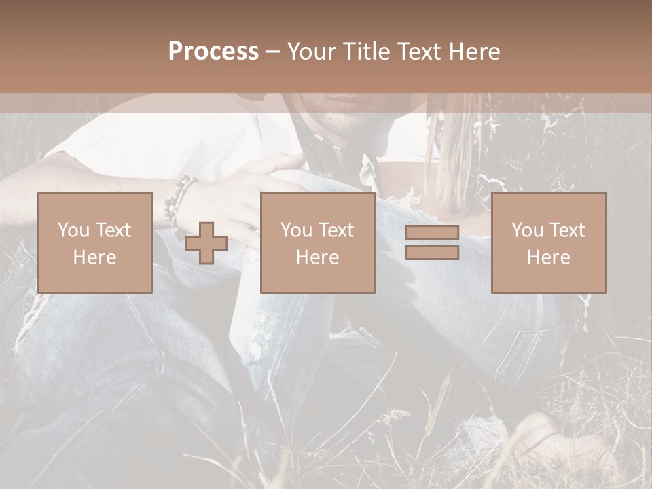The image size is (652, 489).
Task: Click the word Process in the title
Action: click(x=213, y=52)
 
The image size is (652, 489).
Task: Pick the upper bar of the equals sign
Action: click(x=432, y=233)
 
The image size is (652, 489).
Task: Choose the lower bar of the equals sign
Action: click(x=432, y=253)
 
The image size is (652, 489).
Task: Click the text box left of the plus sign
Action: click(x=94, y=242)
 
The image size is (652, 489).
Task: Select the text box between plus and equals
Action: click(x=317, y=242)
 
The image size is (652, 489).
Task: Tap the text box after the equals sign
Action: click(x=548, y=242)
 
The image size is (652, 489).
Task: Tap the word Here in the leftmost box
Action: click(x=94, y=257)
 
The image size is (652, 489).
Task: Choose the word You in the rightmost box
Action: click(x=527, y=230)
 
